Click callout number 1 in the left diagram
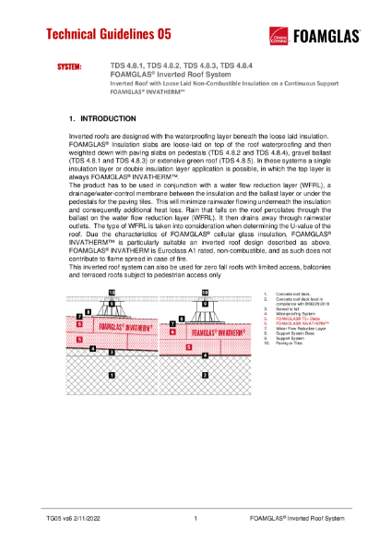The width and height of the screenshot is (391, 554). pyautogui.click(x=112, y=375)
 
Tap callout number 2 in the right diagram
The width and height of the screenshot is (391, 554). pyautogui.click(x=205, y=375)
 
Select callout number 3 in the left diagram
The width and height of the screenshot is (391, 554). pyautogui.click(x=112, y=352)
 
